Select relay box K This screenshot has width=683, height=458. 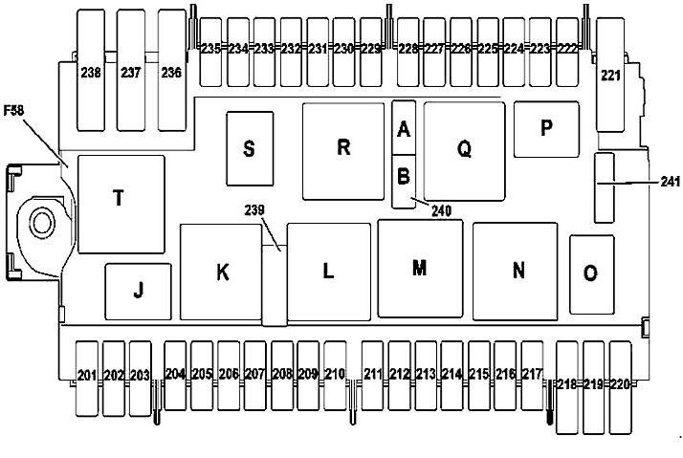pyautogui.click(x=222, y=272)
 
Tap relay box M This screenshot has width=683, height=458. pyautogui.click(x=419, y=269)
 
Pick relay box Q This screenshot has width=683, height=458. pyautogui.click(x=465, y=150)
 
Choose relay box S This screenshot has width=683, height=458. pyautogui.click(x=249, y=149)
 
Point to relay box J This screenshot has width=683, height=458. pyautogui.click(x=138, y=292)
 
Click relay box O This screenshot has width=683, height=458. pyautogui.click(x=590, y=273)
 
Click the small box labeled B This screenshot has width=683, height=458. pyautogui.click(x=404, y=177)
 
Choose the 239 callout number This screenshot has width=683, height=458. pyautogui.click(x=253, y=210)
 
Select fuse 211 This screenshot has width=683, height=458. pyautogui.click(x=371, y=374)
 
